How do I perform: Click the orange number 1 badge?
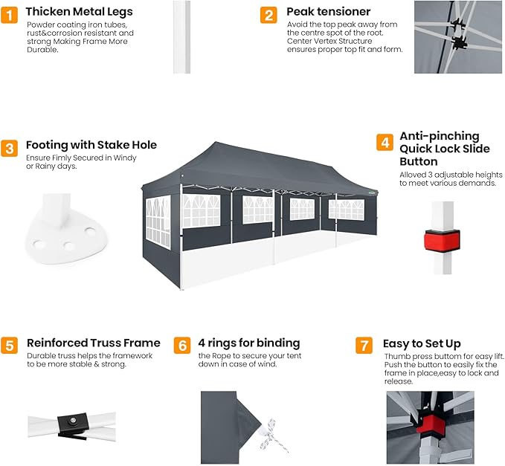pyautogui.click(x=10, y=15)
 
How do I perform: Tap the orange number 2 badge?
pyautogui.click(x=268, y=15)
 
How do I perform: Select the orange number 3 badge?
pyautogui.click(x=10, y=149)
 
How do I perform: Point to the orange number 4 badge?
pyautogui.click(x=385, y=142)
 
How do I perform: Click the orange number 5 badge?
pyautogui.click(x=10, y=346)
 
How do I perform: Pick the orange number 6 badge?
pyautogui.click(x=182, y=346)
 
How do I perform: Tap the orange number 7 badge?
pyautogui.click(x=364, y=346)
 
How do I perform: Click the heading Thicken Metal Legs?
pyautogui.click(x=80, y=12)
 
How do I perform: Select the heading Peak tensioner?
pyautogui.click(x=329, y=12)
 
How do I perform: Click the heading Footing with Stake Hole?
pyautogui.click(x=91, y=145)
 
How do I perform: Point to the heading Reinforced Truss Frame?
pyautogui.click(x=94, y=343)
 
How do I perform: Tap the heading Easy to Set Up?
pyautogui.click(x=422, y=343)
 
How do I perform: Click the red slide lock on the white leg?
pyautogui.click(x=442, y=240)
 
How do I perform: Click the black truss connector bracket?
pyautogui.click(x=72, y=425)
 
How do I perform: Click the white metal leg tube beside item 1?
pyautogui.click(x=181, y=37)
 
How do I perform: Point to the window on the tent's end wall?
pyautogui.click(x=158, y=222)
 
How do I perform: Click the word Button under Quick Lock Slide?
pyautogui.click(x=419, y=161)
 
